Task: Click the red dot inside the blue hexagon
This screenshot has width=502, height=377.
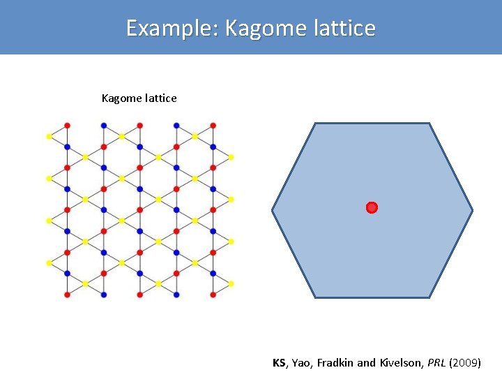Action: pos(372,207)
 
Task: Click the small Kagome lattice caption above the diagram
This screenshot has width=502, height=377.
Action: pos(139,98)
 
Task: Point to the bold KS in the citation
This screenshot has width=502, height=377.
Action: pos(279,363)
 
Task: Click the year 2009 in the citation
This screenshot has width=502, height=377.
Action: pos(465,363)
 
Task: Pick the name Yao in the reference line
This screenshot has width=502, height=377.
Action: pos(301,363)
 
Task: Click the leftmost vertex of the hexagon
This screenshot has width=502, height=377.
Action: pos(273,209)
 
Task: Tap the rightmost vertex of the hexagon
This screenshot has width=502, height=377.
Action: pos(473,209)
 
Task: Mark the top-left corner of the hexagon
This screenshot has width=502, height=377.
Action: pos(315,124)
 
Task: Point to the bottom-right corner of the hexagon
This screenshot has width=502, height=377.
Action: pos(429,297)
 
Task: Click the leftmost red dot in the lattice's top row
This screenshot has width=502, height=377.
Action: pos(68,125)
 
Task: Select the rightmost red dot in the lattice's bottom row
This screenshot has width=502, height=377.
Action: pos(213,295)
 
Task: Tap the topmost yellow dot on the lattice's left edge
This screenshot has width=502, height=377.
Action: pos(49,136)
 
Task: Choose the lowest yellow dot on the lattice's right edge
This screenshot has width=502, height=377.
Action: pos(231,284)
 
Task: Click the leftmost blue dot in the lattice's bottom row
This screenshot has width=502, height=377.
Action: pos(104,295)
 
